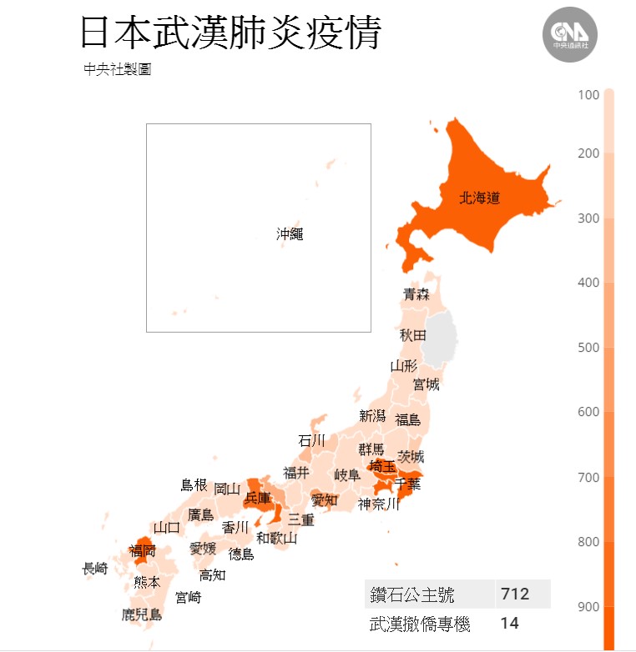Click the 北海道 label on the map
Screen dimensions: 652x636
click(480, 198)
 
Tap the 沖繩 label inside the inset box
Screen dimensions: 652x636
click(290, 234)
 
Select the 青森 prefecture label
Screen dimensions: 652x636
click(416, 293)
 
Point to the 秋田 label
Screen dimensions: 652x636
click(412, 335)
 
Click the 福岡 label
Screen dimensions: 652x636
click(142, 550)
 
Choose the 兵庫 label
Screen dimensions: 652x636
click(257, 498)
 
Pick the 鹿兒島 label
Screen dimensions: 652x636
click(141, 615)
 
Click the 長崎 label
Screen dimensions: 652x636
click(94, 569)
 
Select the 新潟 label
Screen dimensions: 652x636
click(372, 415)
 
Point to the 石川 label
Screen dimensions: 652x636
click(311, 440)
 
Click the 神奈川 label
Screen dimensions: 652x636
click(379, 504)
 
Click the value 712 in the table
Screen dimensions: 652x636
click(515, 594)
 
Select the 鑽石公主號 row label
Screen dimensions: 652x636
click(412, 595)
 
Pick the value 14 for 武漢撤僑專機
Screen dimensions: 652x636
click(508, 622)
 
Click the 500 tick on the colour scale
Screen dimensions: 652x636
click(588, 348)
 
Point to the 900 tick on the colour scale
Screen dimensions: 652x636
click(588, 606)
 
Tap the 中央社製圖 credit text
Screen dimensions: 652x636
click(117, 70)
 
